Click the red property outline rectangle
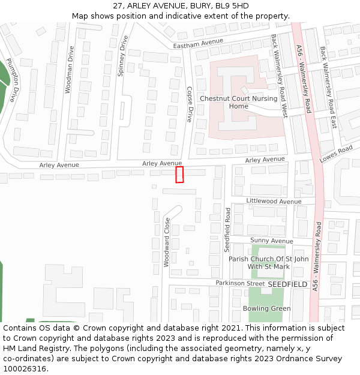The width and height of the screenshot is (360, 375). pyautogui.click(x=179, y=175)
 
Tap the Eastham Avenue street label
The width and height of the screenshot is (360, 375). pyautogui.click(x=197, y=43)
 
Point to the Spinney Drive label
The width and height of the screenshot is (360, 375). pyautogui.click(x=123, y=56)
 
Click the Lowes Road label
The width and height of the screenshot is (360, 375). pyautogui.click(x=335, y=154)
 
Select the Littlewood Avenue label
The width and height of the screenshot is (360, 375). pyautogui.click(x=274, y=202)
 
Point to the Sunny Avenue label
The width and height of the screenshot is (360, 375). pyautogui.click(x=271, y=241)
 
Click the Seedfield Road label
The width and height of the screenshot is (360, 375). pyautogui.click(x=227, y=230)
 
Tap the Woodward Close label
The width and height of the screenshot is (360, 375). pyautogui.click(x=167, y=242)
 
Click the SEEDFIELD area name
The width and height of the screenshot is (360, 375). pyautogui.click(x=287, y=284)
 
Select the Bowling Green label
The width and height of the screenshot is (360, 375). pyautogui.click(x=266, y=308)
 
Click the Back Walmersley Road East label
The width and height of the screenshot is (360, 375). pyautogui.click(x=328, y=88)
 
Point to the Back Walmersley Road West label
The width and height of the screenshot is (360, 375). pyautogui.click(x=280, y=75)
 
